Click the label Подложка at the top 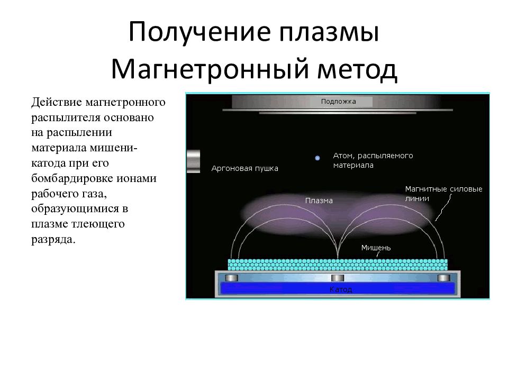coord(339,101)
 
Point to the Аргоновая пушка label coord(244,169)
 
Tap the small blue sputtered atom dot coord(317,158)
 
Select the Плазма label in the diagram coord(319,201)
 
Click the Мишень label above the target coord(376,247)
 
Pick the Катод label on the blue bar coord(340,289)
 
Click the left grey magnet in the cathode coord(232,278)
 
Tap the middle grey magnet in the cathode coord(338,278)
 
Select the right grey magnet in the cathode coord(443,278)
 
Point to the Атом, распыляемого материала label coord(372,160)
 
